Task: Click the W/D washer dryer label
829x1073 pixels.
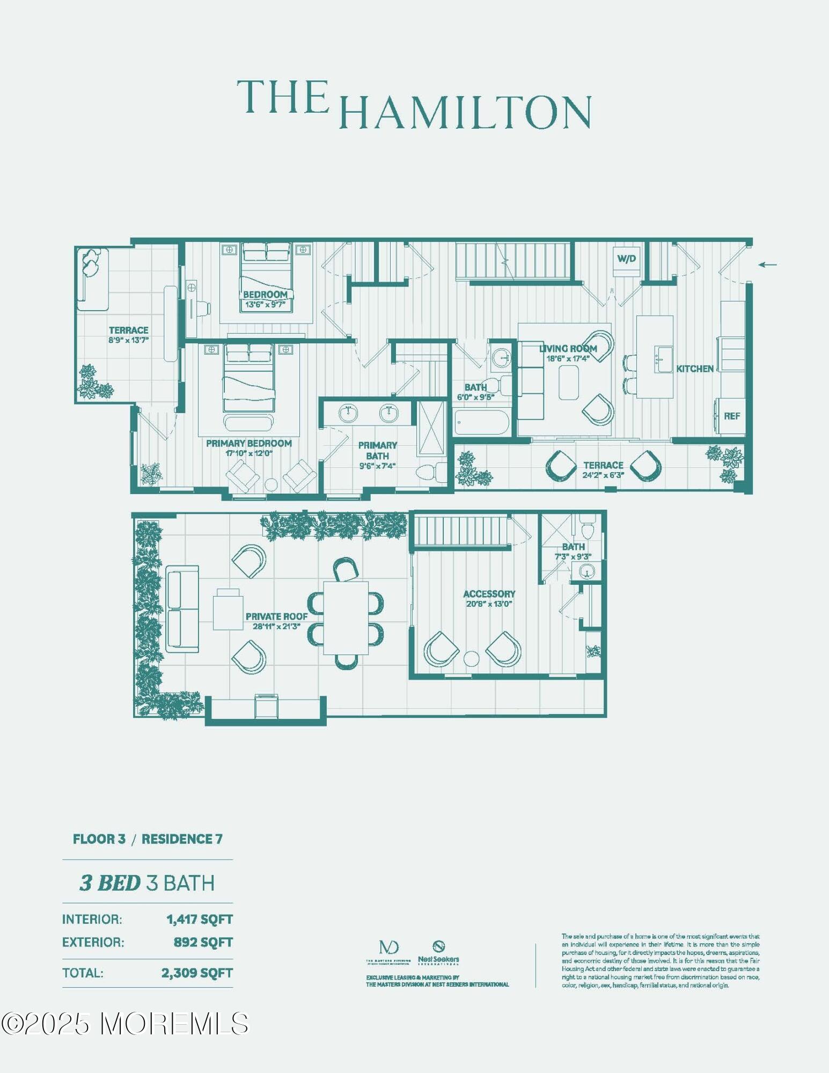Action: [626, 259]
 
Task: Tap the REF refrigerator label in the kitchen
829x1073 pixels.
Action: [731, 416]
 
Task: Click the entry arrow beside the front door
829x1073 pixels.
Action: [768, 264]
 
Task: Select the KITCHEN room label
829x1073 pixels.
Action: [694, 369]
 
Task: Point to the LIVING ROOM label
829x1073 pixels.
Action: [568, 349]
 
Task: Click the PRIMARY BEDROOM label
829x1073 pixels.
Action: [249, 443]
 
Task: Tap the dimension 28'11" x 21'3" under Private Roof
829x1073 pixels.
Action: [276, 626]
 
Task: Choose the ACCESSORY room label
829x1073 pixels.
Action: [489, 594]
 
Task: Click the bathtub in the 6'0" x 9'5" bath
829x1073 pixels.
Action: [481, 422]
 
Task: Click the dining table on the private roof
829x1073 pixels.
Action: [346, 618]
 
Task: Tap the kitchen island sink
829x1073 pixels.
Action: [663, 359]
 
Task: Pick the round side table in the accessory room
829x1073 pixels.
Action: [471, 658]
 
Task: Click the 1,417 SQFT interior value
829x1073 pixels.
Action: [200, 920]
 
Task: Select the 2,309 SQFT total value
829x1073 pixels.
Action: [197, 973]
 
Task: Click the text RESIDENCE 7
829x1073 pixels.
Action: [182, 839]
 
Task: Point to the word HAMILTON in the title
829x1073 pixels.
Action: [465, 112]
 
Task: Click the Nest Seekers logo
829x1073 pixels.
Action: [438, 952]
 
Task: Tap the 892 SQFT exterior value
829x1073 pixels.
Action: [203, 942]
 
